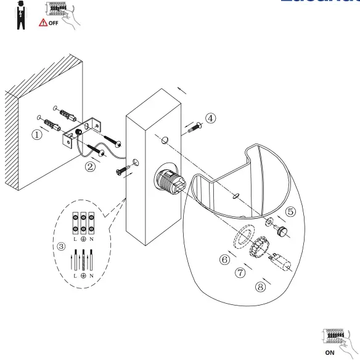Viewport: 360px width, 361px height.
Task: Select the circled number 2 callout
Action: click(x=91, y=166)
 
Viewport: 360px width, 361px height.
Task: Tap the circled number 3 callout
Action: click(x=60, y=246)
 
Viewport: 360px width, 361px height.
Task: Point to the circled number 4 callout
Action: click(x=211, y=118)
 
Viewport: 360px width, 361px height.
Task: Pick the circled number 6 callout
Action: click(x=225, y=259)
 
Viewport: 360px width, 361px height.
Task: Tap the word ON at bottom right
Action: click(x=330, y=353)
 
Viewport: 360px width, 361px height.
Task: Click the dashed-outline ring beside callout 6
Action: click(x=243, y=237)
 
